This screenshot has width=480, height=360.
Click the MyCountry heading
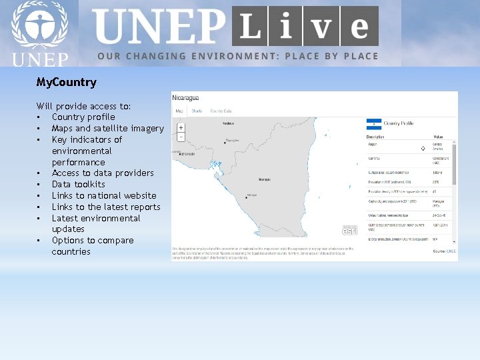click(66, 83)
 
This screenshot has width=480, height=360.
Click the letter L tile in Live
click(250, 27)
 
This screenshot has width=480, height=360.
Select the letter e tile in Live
click(359, 27)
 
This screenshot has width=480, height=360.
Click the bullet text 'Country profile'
click(83, 117)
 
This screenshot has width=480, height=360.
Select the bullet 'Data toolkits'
click(78, 184)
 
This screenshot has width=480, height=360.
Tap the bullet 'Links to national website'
click(104, 195)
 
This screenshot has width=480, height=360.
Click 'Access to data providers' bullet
click(103, 173)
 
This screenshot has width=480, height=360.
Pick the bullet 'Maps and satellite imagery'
click(107, 129)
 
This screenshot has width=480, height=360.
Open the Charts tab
click(197, 111)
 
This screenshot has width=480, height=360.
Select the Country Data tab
click(221, 111)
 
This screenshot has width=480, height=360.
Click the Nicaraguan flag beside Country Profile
click(373, 123)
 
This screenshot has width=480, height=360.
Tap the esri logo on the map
click(350, 230)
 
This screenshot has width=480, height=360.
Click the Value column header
click(438, 136)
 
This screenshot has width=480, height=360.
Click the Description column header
click(377, 136)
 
